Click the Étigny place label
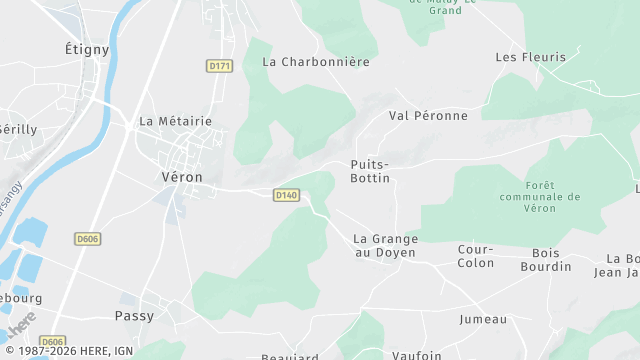coord(87,49)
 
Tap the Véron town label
coord(182,176)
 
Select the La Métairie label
coord(175,121)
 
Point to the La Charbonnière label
coord(316,61)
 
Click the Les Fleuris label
coord(530,57)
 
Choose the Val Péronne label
coord(428,116)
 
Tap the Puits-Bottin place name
coord(370,170)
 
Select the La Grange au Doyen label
coord(386,246)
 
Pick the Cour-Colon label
coord(476,256)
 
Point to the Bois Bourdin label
coord(546,259)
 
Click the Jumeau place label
coord(483,319)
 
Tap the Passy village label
coord(161,315)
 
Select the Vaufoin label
coord(418,354)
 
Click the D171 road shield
coord(220,65)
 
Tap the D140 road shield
coord(286,195)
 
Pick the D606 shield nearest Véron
coord(88,239)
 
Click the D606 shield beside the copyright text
coord(53,341)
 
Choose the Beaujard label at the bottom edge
coord(290,356)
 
